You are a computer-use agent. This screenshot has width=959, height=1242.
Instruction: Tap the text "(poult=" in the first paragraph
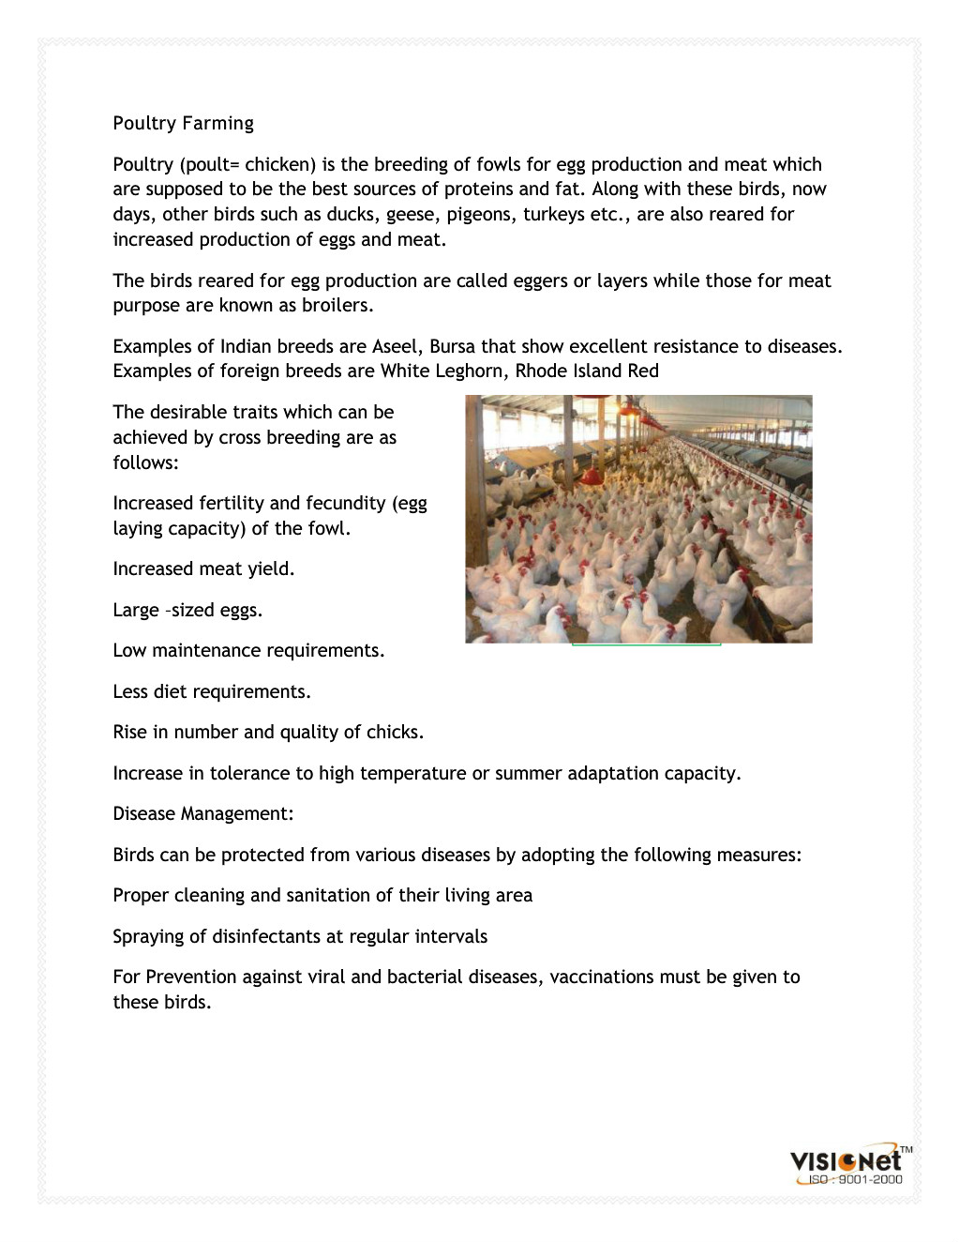[209, 165]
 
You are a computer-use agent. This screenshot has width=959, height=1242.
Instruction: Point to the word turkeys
[553, 215]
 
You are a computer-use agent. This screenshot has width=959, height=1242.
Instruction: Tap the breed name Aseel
[395, 347]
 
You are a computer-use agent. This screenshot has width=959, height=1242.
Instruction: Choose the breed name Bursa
[452, 347]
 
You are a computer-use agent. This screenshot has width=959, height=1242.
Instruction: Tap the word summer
[525, 774]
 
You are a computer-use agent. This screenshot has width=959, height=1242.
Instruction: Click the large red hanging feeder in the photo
[591, 476]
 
